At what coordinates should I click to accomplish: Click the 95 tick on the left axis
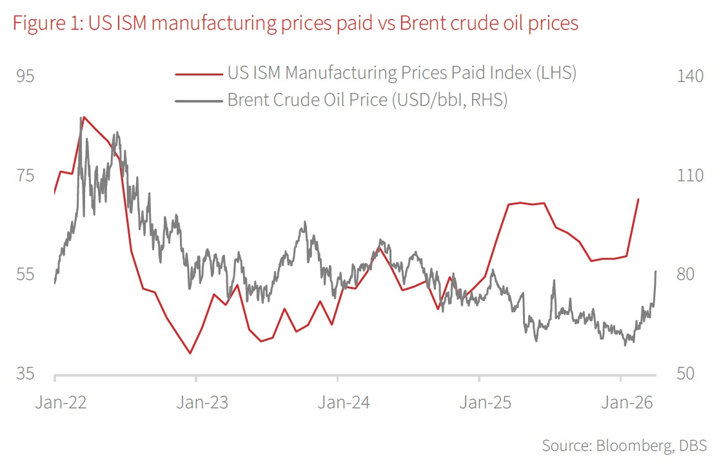(25, 77)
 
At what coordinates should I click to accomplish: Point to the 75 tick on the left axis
(25, 176)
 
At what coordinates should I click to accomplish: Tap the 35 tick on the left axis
(25, 375)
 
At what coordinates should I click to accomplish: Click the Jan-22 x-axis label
(61, 403)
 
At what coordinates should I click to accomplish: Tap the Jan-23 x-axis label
(202, 403)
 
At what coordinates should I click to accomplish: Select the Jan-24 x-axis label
(344, 403)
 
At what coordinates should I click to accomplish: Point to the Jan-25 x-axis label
(485, 403)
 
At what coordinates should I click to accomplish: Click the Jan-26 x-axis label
(627, 403)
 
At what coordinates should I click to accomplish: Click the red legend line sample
(199, 74)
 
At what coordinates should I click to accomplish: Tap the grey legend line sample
(199, 101)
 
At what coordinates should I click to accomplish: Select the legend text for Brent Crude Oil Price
(368, 101)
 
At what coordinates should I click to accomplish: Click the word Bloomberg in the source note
(631, 446)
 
